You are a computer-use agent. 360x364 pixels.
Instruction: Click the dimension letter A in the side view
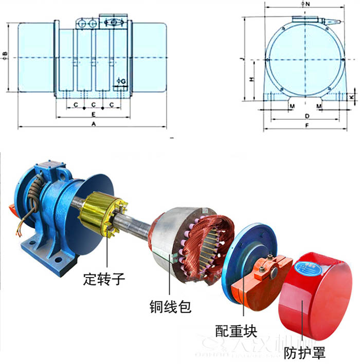coord(93,124)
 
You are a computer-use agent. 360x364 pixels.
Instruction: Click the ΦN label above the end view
coord(305,4)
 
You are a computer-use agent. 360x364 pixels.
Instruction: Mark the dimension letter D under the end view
coord(307,116)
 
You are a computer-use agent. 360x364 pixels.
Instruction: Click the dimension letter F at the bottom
coord(307,125)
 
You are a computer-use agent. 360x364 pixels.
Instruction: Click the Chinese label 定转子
coord(104,279)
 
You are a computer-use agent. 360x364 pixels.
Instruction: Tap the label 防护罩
coord(304,353)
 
